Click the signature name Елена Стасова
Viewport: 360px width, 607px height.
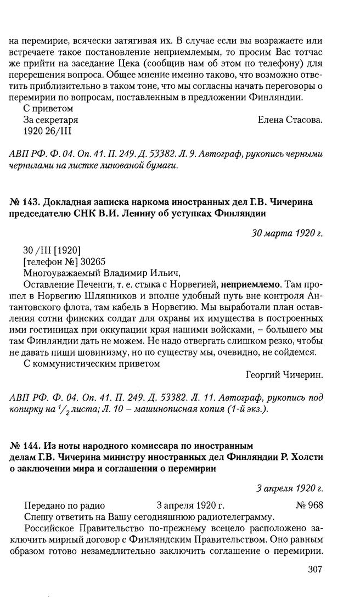tap(290, 120)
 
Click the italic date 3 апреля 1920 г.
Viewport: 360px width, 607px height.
tap(289, 487)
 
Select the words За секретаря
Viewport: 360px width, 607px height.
tap(50, 120)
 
